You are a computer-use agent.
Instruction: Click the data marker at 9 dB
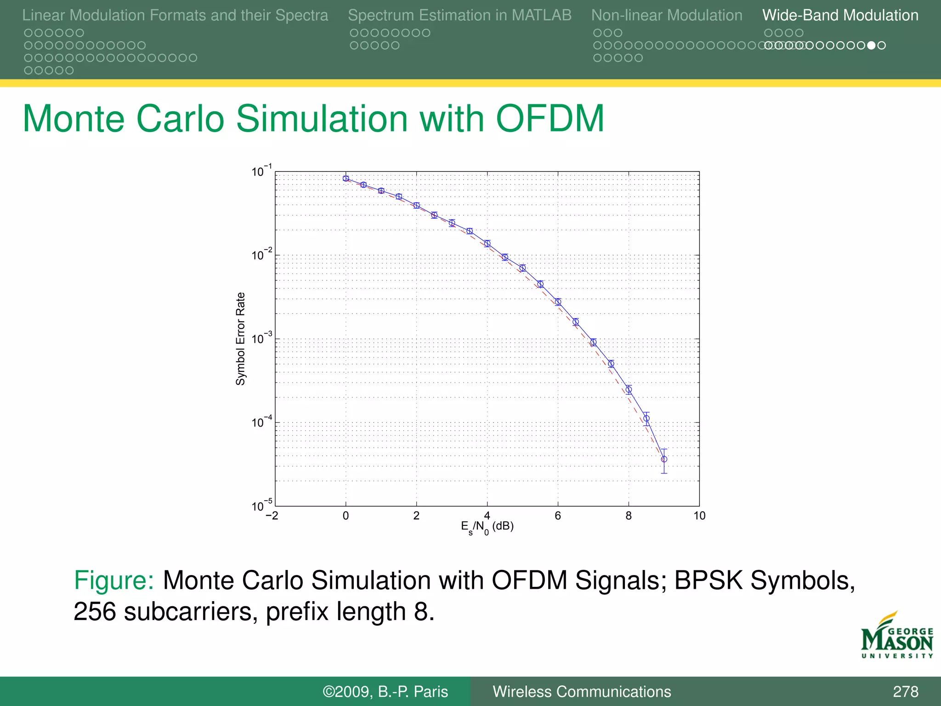tap(664, 459)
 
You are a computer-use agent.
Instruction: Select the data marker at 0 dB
tap(346, 178)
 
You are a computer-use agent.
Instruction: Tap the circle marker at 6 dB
tap(558, 302)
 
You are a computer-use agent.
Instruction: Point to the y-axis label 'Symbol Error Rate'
tap(240, 339)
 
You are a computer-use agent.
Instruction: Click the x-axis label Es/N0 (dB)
tap(487, 527)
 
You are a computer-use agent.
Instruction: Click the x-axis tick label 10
tap(699, 516)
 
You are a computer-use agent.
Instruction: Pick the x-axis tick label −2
tap(272, 516)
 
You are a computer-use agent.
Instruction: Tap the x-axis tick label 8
tap(629, 516)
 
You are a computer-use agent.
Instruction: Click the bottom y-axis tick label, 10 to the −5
tap(261, 505)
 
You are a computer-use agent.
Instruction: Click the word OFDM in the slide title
tap(550, 119)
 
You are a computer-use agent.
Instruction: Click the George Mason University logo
tap(897, 636)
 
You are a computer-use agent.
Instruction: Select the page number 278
tap(905, 691)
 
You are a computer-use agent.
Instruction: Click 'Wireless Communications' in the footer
tap(582, 691)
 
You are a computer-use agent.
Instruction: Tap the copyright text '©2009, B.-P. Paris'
tap(385, 691)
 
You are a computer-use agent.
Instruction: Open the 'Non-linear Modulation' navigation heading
tap(667, 15)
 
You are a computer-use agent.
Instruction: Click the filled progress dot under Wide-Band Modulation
tap(871, 45)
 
